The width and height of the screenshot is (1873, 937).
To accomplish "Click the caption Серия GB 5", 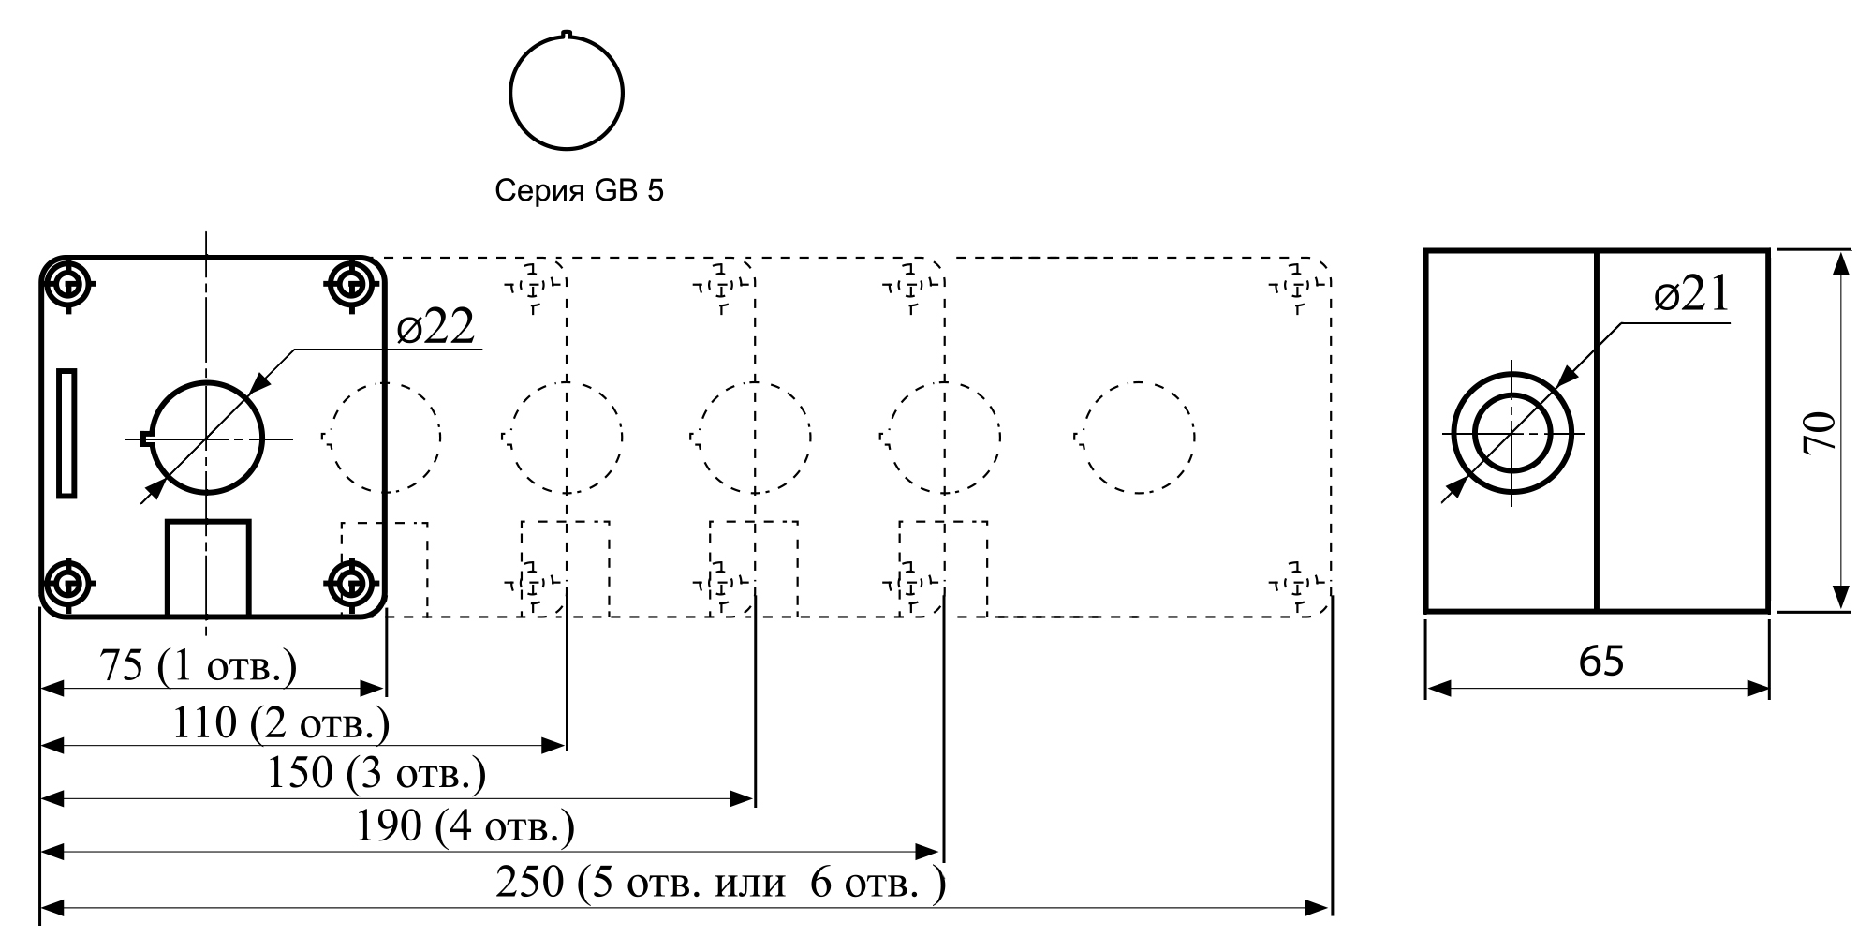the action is tap(579, 191).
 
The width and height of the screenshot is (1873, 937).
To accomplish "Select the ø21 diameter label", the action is tap(1691, 296).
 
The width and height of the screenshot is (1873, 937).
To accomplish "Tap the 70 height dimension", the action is tap(1821, 433).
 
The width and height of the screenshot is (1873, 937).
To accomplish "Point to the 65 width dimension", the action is tap(1601, 662).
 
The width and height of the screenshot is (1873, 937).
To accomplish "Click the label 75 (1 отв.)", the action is tap(198, 666).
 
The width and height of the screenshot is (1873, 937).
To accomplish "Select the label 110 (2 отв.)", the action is tap(281, 722).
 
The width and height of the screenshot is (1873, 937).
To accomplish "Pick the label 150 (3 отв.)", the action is tap(376, 774).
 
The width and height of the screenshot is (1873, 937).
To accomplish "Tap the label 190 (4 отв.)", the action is tap(465, 826).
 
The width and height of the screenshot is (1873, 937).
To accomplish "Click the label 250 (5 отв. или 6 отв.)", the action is tap(720, 882).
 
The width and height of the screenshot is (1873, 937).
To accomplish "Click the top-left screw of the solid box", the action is tap(68, 283).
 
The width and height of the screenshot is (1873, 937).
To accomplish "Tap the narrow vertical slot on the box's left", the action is tap(66, 433).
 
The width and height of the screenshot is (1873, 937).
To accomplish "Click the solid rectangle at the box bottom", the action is tap(208, 568).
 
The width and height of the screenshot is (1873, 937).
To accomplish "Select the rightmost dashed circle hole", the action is tap(1135, 437).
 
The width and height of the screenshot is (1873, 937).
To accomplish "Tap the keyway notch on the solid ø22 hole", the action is tap(145, 437).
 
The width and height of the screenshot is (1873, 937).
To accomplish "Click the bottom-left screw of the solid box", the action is tap(68, 585).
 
